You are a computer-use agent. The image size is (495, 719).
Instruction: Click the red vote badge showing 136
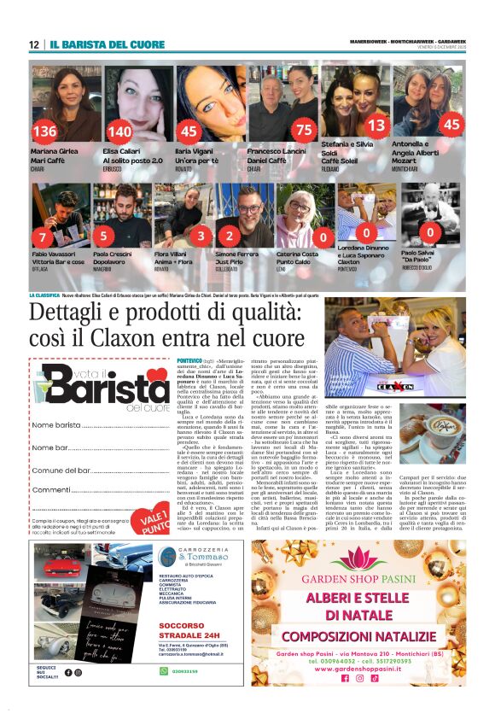(44, 132)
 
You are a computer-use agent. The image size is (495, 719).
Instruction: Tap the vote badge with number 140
(120, 132)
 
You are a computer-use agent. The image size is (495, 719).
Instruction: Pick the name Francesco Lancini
(275, 150)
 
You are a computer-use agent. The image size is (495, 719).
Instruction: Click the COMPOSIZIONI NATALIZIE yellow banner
(358, 635)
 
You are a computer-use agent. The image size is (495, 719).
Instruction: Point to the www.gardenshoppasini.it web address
(358, 668)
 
